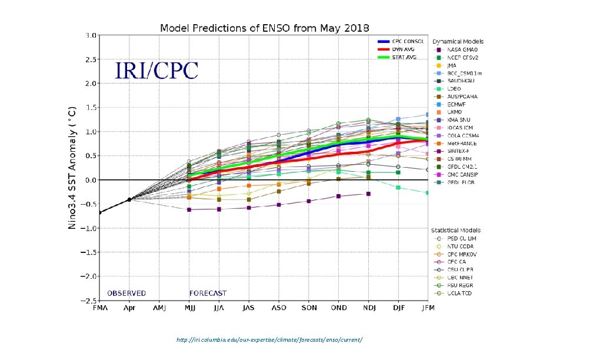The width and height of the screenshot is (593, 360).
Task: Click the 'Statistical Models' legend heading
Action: (x=457, y=230)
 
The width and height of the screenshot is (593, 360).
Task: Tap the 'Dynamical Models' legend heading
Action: (x=458, y=42)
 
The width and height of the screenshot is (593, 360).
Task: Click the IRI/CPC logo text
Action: (x=156, y=71)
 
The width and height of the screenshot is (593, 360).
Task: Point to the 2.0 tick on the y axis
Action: (x=91, y=84)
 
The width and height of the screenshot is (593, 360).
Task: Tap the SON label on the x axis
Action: (x=309, y=308)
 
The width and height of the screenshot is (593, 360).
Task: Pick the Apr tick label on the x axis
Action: (x=129, y=308)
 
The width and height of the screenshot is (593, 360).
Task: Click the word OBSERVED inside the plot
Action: (x=126, y=294)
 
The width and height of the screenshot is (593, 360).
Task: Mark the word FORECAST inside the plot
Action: (x=208, y=294)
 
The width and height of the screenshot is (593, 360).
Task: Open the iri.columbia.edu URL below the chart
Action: (x=269, y=340)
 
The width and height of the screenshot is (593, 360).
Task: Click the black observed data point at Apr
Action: (x=129, y=199)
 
